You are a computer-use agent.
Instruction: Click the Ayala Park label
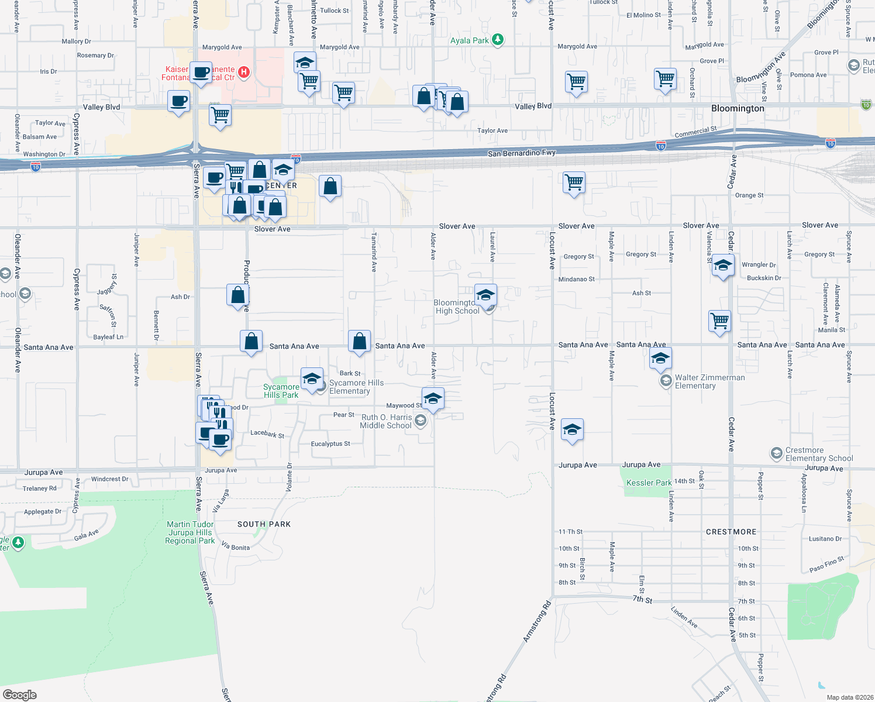pyautogui.click(x=469, y=40)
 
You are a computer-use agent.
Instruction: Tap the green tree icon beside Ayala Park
pyautogui.click(x=497, y=40)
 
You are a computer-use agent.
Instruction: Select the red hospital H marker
pyautogui.click(x=244, y=73)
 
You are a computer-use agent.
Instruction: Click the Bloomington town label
pyautogui.click(x=738, y=108)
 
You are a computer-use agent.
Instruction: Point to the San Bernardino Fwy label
pyautogui.click(x=522, y=153)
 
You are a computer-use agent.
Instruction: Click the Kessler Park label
pyautogui.click(x=649, y=483)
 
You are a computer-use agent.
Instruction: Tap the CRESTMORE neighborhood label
pyautogui.click(x=731, y=532)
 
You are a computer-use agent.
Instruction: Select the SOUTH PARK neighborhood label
pyautogui.click(x=264, y=524)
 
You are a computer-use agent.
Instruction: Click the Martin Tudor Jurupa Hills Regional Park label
pyautogui.click(x=190, y=532)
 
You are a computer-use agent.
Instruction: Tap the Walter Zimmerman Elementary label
pyautogui.click(x=709, y=381)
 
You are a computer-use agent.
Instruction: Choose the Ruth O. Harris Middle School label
pyautogui.click(x=386, y=421)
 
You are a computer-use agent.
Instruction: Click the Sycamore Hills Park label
pyautogui.click(x=281, y=391)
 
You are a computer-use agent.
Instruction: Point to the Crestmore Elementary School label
pyautogui.click(x=819, y=454)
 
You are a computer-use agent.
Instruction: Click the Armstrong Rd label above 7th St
pyautogui.click(x=537, y=621)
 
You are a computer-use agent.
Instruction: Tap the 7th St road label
pyautogui.click(x=642, y=600)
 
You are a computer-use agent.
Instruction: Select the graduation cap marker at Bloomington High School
pyautogui.click(x=485, y=295)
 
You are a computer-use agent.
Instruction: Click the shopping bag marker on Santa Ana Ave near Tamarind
pyautogui.click(x=360, y=341)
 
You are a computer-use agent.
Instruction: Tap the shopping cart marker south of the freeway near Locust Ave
pyautogui.click(x=574, y=182)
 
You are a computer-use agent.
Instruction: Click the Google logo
pyautogui.click(x=20, y=695)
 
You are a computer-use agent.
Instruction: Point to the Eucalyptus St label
pyautogui.click(x=330, y=443)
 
